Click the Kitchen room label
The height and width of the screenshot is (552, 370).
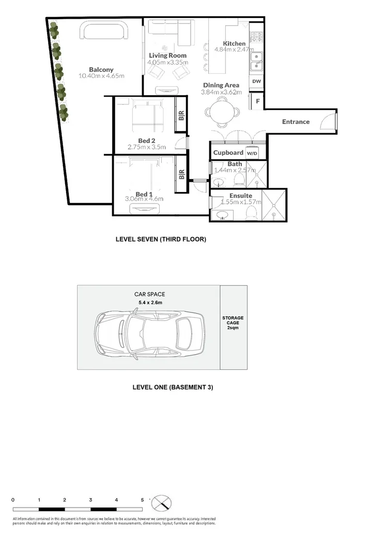coord(234,43)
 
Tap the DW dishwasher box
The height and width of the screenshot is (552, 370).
coord(256,82)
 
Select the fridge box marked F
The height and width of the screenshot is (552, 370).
coord(257,101)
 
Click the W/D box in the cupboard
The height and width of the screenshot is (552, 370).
coord(252,153)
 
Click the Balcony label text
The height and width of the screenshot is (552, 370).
coord(101,70)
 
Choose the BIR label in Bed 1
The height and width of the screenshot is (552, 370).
coord(181,175)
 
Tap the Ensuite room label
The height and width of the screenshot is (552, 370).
coord(241,196)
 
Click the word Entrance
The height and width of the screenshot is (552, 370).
coord(296,122)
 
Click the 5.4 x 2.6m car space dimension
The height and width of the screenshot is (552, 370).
coord(149,303)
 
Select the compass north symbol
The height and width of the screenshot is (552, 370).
coord(161,503)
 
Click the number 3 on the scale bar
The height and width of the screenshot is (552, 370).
coord(90,500)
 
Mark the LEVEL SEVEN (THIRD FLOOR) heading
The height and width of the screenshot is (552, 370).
coord(161,240)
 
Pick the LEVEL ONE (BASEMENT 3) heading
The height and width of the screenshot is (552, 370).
coord(173,387)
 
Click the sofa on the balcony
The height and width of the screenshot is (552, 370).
coord(104,32)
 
